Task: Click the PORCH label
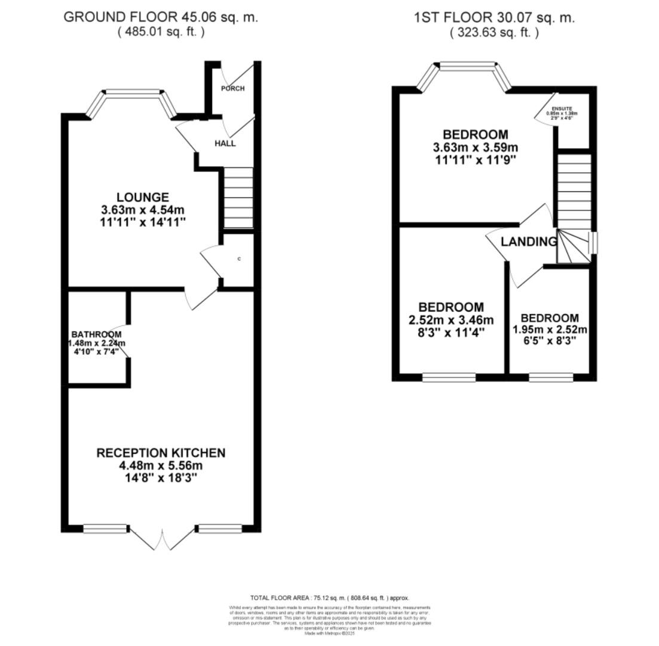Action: tap(232, 89)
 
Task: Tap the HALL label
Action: tap(225, 144)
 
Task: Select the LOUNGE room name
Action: tap(143, 197)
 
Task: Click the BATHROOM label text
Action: tap(96, 334)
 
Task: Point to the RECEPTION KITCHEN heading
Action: tap(161, 453)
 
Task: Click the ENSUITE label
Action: tap(562, 109)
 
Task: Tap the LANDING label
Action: tap(528, 242)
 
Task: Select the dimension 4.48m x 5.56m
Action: tap(161, 465)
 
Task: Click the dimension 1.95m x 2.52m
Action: tap(550, 330)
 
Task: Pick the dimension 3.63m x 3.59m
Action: tap(476, 147)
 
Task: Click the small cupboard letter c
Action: tap(240, 259)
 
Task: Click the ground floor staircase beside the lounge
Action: tap(238, 197)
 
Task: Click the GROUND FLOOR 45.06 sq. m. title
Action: tap(161, 17)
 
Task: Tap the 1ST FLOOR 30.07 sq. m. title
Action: tap(494, 17)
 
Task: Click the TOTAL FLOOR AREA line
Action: tap(329, 598)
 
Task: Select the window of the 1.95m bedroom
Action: tap(550, 377)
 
